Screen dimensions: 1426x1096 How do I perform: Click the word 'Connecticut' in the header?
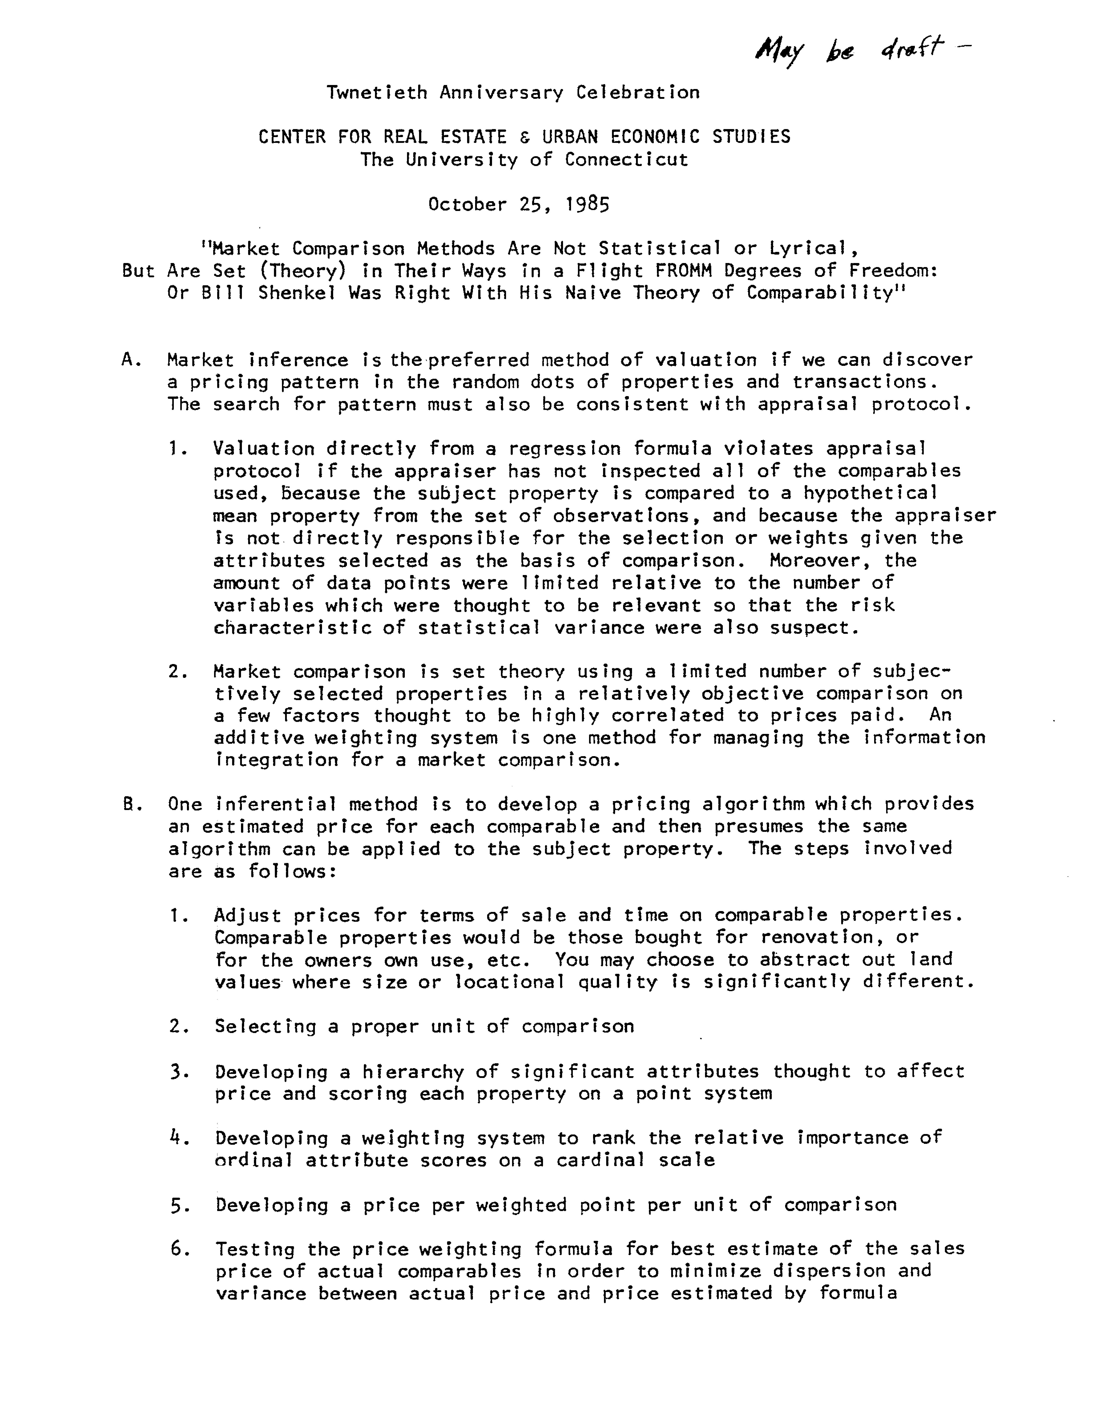pyautogui.click(x=626, y=160)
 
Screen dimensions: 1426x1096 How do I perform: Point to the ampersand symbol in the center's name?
pyautogui.click(x=525, y=137)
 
